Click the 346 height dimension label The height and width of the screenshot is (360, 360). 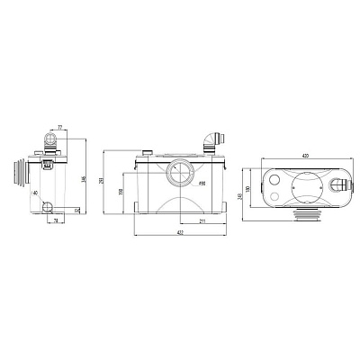coord(84,180)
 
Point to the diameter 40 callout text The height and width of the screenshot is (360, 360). coord(36,193)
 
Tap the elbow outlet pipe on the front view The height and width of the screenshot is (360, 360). coord(211,140)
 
